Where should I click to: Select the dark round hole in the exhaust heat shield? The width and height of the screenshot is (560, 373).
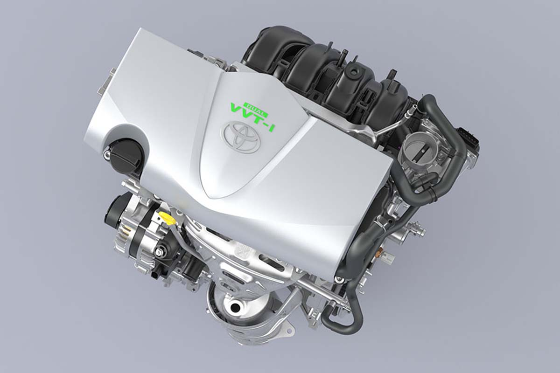(x=236, y=305)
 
